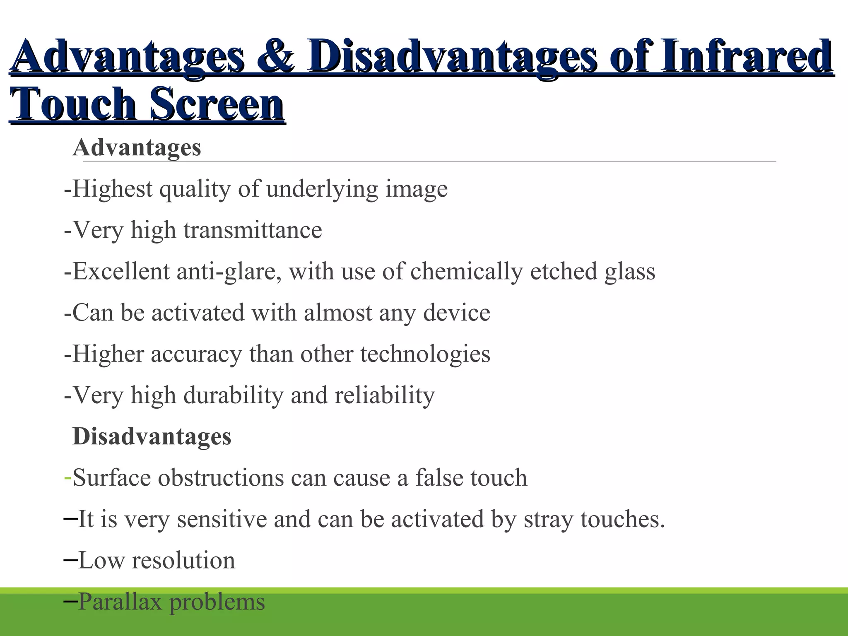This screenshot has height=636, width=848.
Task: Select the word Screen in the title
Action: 217,104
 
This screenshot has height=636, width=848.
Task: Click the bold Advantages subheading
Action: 137,147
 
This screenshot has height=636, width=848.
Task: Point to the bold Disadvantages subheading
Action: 152,436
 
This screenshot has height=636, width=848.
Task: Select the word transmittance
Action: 253,230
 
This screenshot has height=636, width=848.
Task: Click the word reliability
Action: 385,395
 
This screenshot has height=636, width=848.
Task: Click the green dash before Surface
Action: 68,478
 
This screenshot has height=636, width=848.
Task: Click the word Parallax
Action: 120,602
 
